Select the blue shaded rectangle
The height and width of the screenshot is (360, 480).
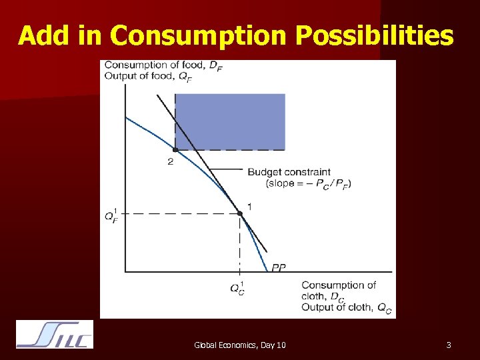point(230,121)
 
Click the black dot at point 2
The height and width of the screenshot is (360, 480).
point(175,150)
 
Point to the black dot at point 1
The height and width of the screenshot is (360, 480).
point(239,213)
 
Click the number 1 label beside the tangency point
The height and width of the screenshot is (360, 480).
point(249,207)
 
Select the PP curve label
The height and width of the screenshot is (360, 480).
point(279,267)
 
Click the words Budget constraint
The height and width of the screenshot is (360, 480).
point(289,172)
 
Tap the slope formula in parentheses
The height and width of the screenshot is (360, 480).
point(308,183)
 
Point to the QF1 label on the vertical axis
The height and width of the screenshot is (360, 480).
point(111,215)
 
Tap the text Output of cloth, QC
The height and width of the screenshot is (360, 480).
point(346,307)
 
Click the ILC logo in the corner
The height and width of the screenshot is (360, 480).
point(55,335)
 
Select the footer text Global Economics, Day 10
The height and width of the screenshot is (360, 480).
point(240,345)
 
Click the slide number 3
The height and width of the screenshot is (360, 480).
point(449,345)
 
